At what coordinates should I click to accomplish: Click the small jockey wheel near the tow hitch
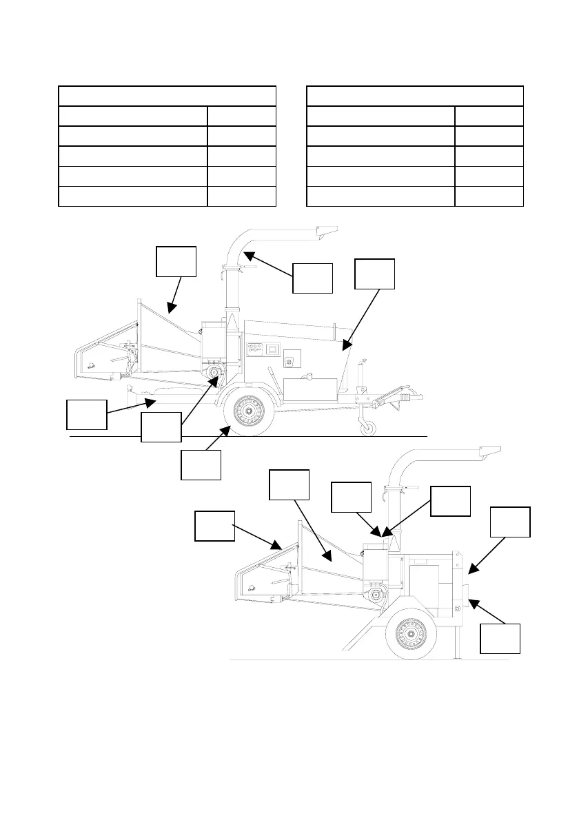(367, 428)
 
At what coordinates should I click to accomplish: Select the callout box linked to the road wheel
(201, 464)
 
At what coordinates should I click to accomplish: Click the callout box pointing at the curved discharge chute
(312, 277)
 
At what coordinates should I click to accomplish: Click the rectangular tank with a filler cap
(309, 389)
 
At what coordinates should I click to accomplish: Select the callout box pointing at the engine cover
(374, 273)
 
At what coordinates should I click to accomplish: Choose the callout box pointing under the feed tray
(87, 414)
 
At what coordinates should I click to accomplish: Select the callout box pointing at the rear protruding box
(500, 638)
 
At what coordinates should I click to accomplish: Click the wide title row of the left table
(167, 96)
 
